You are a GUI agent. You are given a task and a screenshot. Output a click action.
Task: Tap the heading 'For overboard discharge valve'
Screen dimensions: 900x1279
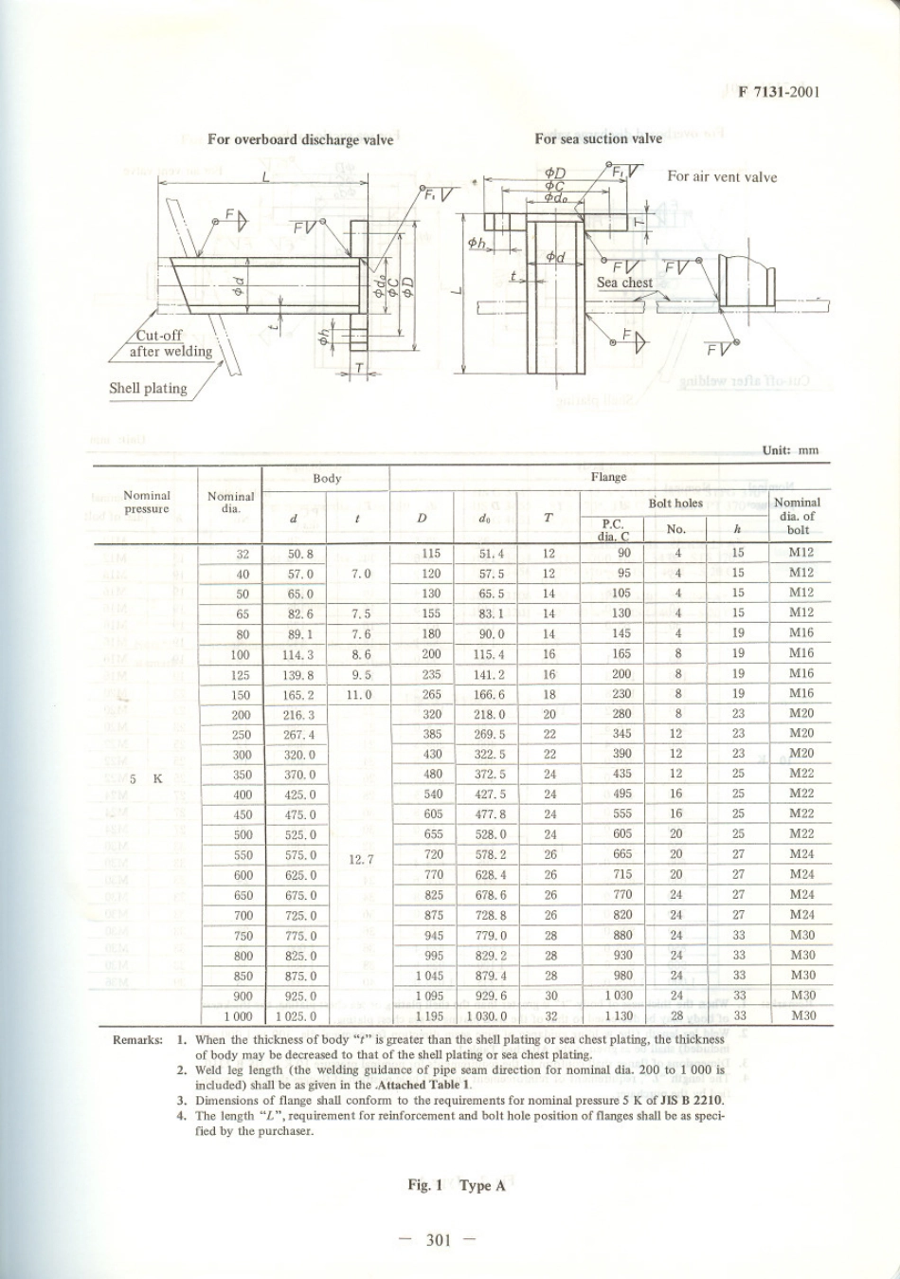click(x=300, y=139)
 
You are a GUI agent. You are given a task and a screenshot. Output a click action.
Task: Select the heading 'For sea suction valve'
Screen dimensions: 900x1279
click(x=598, y=138)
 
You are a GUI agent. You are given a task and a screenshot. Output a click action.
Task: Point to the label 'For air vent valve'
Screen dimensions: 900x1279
click(x=722, y=176)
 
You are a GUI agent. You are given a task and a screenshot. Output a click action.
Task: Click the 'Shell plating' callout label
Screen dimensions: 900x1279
click(x=148, y=388)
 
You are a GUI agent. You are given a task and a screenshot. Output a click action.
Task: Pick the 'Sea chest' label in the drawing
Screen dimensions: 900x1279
click(x=624, y=283)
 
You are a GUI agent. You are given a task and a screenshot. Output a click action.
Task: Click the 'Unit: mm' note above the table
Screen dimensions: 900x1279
click(x=790, y=450)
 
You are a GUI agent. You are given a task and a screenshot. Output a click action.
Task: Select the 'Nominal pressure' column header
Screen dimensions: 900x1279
click(x=147, y=502)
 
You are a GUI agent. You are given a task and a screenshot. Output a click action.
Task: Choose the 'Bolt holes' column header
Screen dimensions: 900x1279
click(x=675, y=502)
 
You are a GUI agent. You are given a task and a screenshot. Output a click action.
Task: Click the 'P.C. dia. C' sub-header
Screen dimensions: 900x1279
click(x=611, y=530)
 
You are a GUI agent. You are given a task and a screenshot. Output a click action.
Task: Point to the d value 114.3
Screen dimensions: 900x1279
click(x=299, y=654)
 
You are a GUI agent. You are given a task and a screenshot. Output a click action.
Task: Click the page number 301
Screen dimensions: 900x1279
click(x=437, y=1240)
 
